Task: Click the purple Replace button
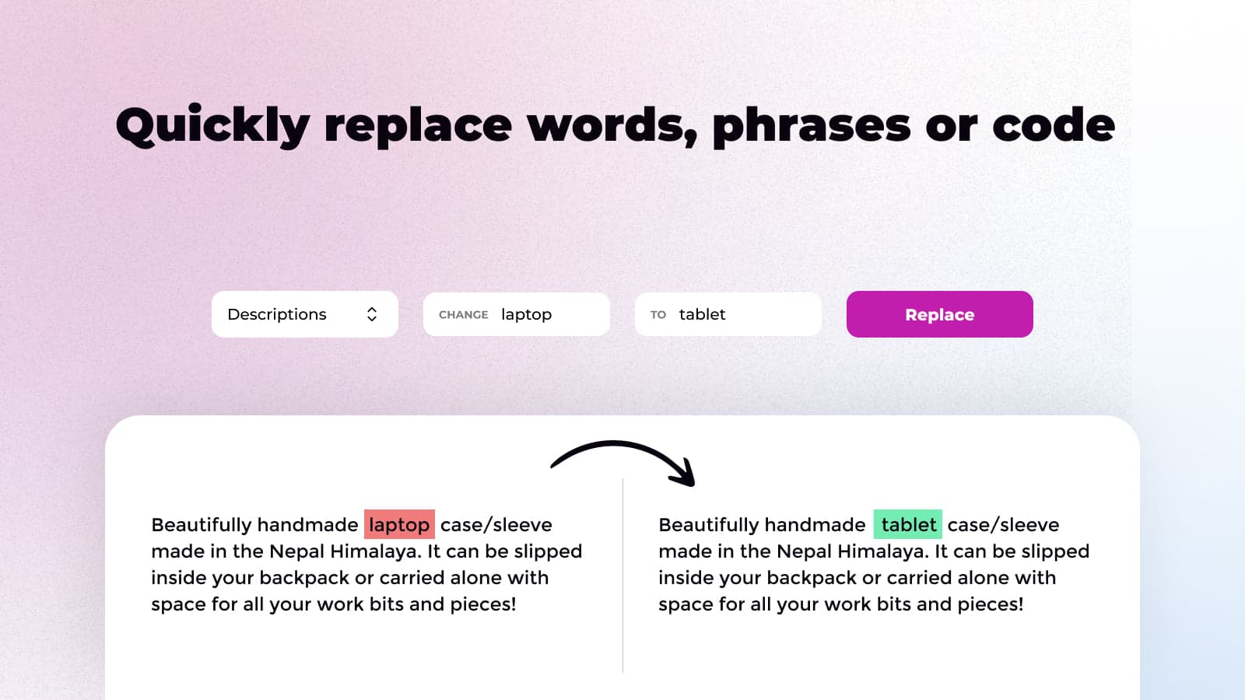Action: pyautogui.click(x=939, y=314)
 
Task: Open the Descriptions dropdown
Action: pyautogui.click(x=303, y=314)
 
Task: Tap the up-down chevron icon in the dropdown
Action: pyautogui.click(x=372, y=314)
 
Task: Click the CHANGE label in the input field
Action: pyautogui.click(x=463, y=315)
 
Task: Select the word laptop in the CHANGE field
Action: pyautogui.click(x=526, y=314)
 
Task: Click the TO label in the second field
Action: pyautogui.click(x=658, y=315)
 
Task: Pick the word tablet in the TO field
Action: pyautogui.click(x=702, y=314)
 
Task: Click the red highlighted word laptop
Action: pyautogui.click(x=399, y=525)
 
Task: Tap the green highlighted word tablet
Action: pyautogui.click(x=908, y=525)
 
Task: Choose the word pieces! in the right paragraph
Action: pyautogui.click(x=990, y=604)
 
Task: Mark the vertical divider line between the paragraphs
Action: pyautogui.click(x=623, y=576)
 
